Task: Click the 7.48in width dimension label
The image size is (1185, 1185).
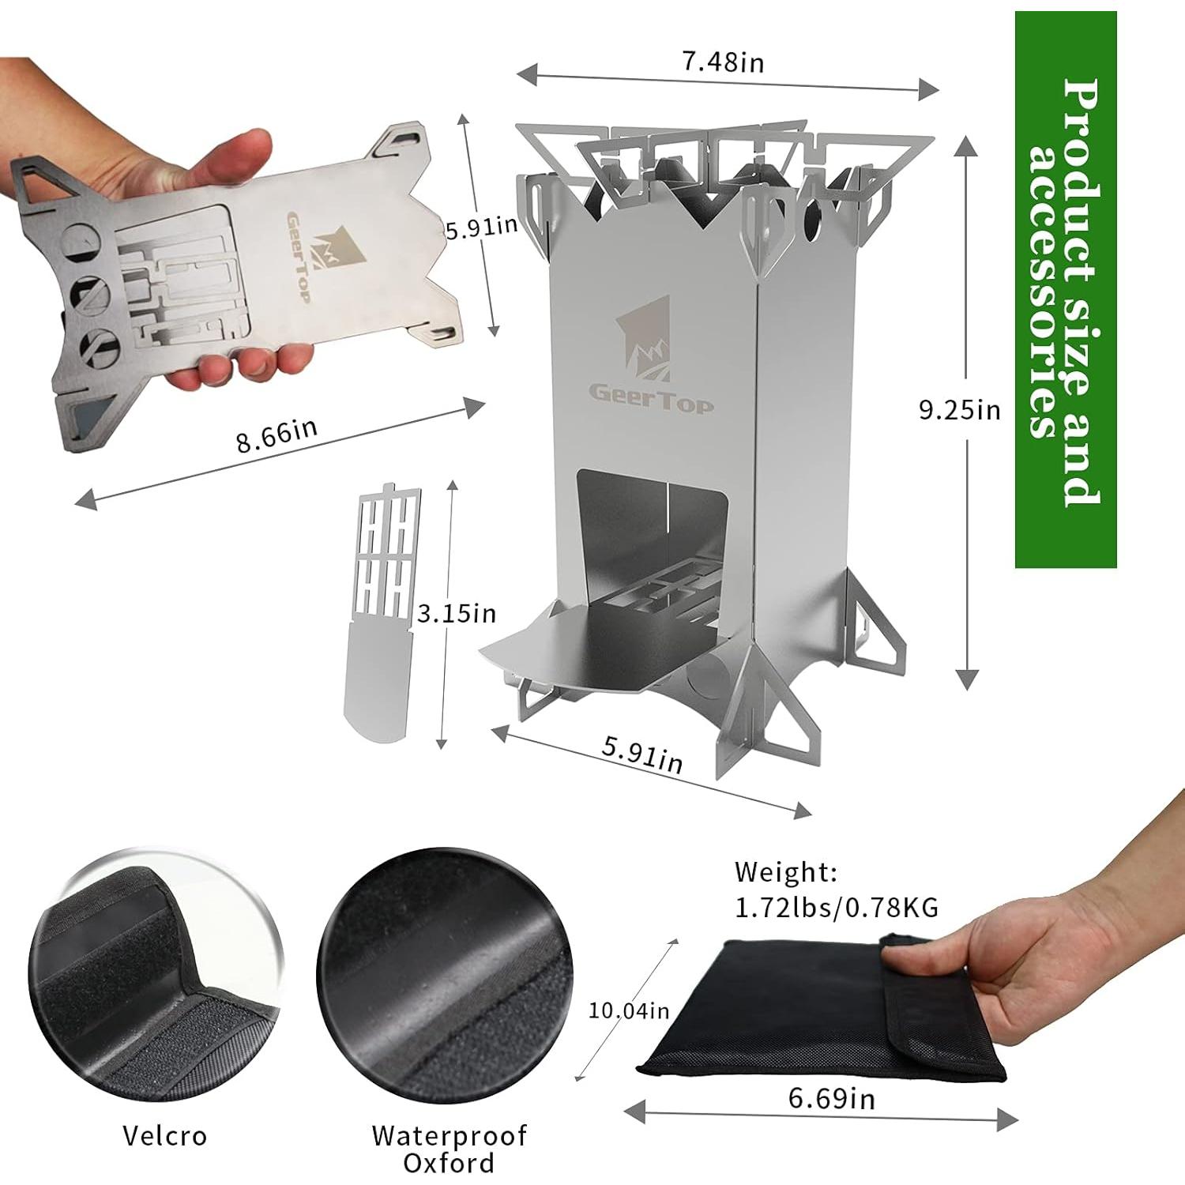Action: click(724, 62)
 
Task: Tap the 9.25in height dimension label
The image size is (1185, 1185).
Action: click(959, 410)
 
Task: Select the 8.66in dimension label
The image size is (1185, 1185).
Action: click(276, 435)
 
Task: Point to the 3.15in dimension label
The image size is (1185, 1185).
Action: click(457, 613)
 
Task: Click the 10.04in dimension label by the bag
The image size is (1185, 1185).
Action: click(629, 1010)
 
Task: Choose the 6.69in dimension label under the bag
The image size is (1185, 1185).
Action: click(831, 1098)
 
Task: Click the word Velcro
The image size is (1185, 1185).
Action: click(164, 1136)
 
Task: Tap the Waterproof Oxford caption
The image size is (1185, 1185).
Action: click(449, 1149)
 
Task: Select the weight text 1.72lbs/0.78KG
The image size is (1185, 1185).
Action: click(837, 908)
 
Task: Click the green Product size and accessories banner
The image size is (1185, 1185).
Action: click(1065, 289)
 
